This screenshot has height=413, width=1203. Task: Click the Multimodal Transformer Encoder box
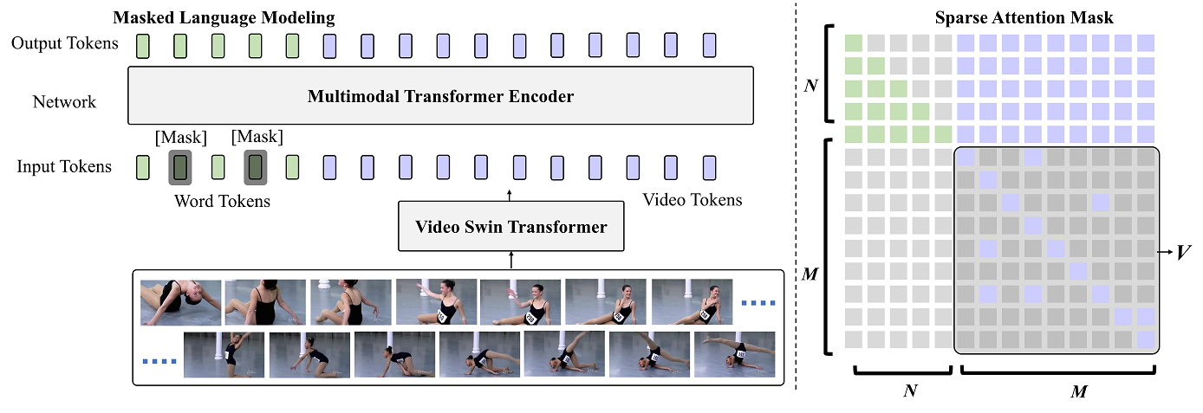coord(440,96)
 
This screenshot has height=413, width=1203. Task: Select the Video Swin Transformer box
coord(510,227)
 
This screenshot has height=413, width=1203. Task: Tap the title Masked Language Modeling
coord(224,17)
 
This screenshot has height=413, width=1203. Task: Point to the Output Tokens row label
coord(64,43)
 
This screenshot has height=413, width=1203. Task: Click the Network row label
coord(64,102)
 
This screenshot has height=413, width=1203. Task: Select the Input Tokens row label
coord(64,166)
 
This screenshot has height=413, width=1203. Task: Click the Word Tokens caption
coord(222,202)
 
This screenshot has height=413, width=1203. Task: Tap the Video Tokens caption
coord(692,200)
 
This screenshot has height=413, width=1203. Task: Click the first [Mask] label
coord(179,137)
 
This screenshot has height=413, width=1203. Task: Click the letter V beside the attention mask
coord(1181,252)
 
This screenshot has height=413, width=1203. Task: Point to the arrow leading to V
coord(1167,252)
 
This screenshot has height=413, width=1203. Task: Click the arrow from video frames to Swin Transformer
coord(511,259)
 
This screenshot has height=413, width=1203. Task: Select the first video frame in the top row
coord(180,301)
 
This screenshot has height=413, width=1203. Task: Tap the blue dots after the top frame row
coord(761,302)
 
